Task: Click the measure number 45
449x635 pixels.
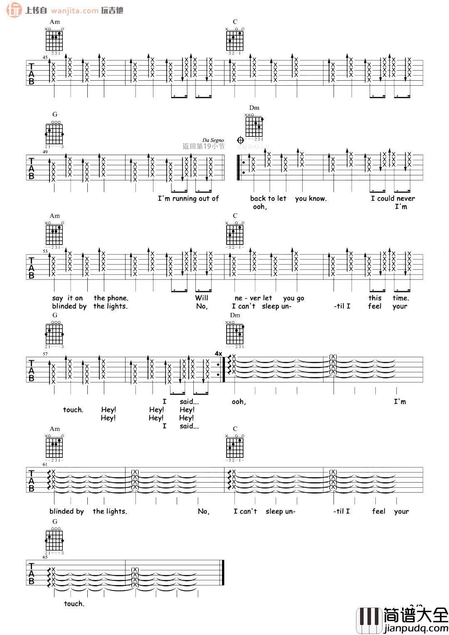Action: point(45,58)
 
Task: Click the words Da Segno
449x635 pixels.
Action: point(213,140)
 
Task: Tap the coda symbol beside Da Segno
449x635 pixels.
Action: point(240,140)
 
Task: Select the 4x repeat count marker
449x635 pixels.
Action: point(218,353)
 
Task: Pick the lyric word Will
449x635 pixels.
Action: point(202,298)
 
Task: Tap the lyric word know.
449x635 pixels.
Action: point(318,199)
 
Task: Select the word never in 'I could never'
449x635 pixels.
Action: point(406,199)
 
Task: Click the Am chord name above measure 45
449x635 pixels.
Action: point(54,22)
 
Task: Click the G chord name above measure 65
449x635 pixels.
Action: point(54,521)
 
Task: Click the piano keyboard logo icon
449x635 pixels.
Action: point(369,620)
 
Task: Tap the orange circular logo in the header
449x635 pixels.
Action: point(14,10)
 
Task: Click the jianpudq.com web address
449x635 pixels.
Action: point(416,628)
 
